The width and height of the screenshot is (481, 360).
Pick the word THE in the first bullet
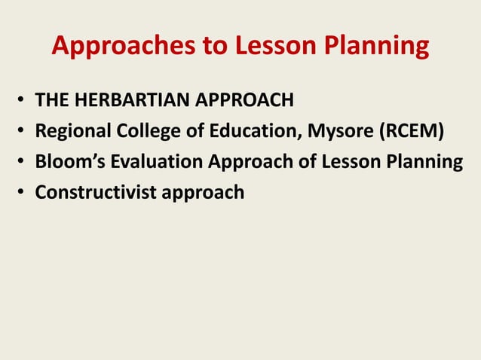click(x=52, y=100)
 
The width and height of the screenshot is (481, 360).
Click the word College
click(x=147, y=133)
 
